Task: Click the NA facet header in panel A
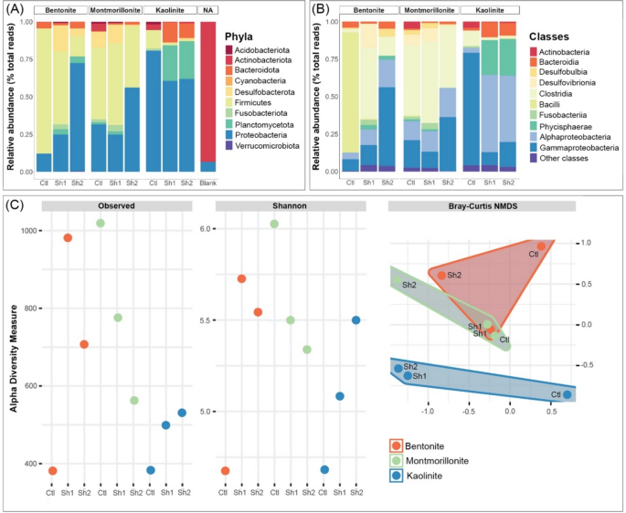click(207, 9)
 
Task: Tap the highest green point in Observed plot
click(101, 223)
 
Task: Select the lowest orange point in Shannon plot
click(225, 470)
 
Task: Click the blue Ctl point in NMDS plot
click(568, 394)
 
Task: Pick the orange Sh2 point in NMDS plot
click(441, 275)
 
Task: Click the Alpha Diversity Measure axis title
click(13, 346)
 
